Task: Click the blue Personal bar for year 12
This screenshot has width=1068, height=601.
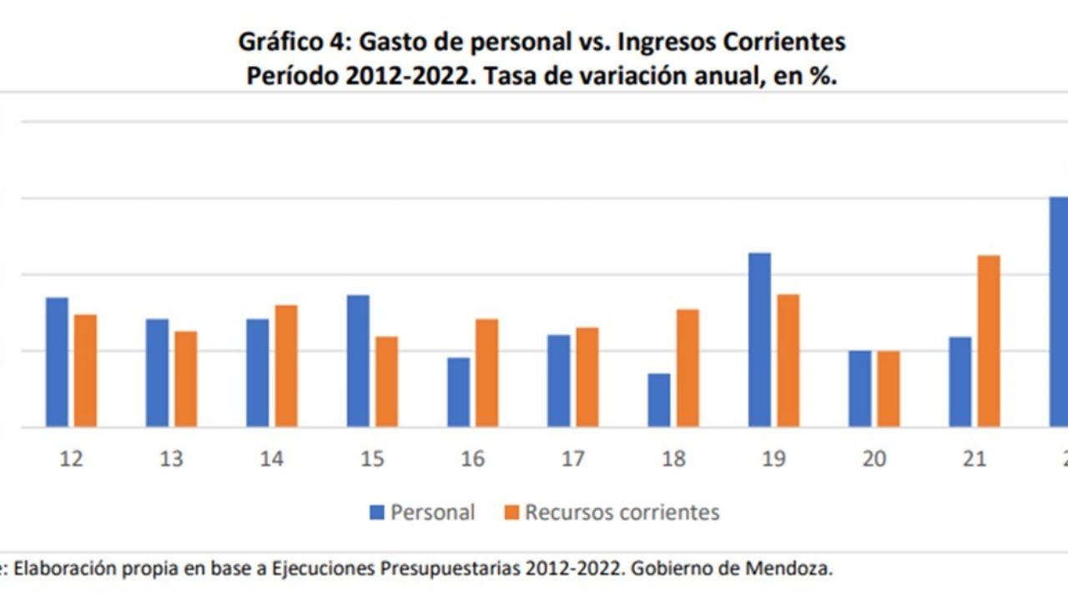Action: [x=57, y=362]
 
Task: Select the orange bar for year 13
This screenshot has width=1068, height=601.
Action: [x=186, y=379]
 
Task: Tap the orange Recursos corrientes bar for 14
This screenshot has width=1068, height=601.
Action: [x=286, y=366]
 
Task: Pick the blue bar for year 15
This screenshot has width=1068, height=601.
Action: [x=358, y=361]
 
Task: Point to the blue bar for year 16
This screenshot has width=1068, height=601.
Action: [x=458, y=392]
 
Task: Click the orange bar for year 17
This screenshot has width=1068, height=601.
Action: [x=587, y=377]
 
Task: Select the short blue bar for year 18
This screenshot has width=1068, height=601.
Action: [x=659, y=400]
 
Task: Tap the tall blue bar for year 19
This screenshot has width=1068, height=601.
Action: [x=759, y=340]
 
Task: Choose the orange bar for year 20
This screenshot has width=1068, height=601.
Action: [x=889, y=389]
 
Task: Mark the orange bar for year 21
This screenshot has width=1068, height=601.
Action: [x=989, y=341]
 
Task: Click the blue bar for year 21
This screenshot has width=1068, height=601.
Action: [x=960, y=381]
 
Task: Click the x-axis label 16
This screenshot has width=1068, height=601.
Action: [x=472, y=459]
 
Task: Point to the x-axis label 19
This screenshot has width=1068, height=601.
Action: [x=773, y=459]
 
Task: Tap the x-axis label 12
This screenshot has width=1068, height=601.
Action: [x=72, y=459]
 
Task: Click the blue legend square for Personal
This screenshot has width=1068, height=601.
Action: [x=377, y=512]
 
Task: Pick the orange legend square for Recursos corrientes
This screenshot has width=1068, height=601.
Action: [x=511, y=512]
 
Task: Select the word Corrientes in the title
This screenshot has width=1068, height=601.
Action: [x=783, y=42]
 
